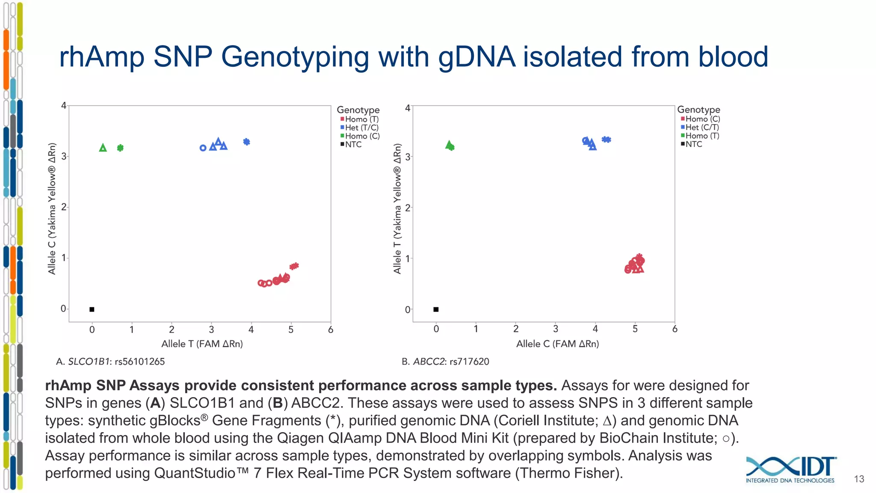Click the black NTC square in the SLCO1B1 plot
[92, 309]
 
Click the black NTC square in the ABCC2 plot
[436, 309]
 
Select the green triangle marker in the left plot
[103, 148]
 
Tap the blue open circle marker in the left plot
[203, 148]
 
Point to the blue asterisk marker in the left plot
[246, 142]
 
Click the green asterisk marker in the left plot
[120, 148]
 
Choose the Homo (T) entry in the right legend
[702, 136]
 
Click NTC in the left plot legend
[353, 145]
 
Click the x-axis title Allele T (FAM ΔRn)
[202, 344]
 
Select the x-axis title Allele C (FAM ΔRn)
[557, 344]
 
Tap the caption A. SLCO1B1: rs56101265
[110, 362]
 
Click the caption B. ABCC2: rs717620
[445, 362]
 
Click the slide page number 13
[859, 479]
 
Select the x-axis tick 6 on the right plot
[675, 329]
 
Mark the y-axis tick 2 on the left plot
[64, 207]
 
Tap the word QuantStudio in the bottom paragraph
[195, 473]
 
